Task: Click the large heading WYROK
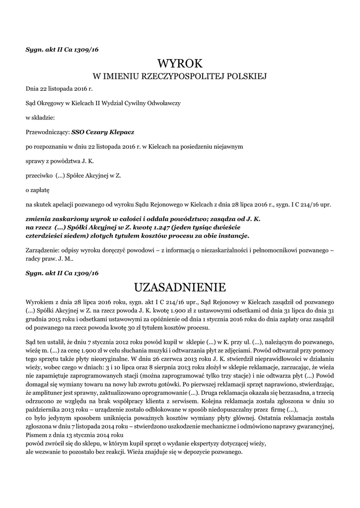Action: click(x=180, y=63)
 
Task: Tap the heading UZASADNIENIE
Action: click(x=180, y=287)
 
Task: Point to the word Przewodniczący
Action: click(x=48, y=132)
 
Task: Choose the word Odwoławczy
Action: click(x=164, y=103)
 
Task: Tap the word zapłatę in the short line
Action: click(x=34, y=190)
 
